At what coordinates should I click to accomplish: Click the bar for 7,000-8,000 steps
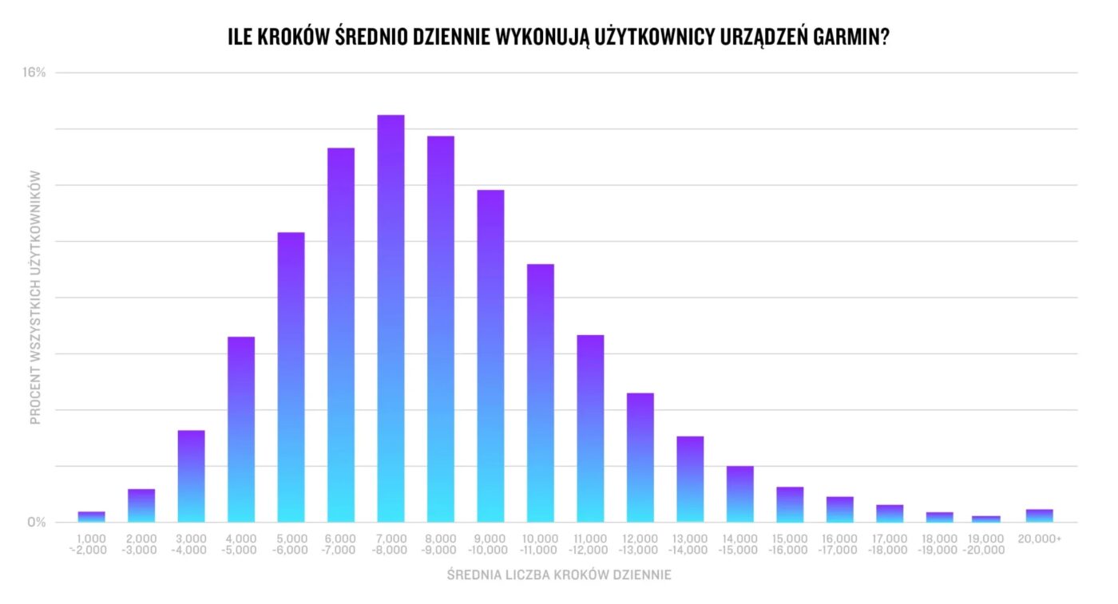[x=391, y=319]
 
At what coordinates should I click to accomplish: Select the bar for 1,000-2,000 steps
[x=92, y=517]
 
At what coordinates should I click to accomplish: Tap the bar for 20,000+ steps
[x=1039, y=515]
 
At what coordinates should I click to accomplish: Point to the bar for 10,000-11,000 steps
[x=541, y=393]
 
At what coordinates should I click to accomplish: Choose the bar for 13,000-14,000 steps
[x=690, y=479]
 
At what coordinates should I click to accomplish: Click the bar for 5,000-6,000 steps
[x=291, y=377]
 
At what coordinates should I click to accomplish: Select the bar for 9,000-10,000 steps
[x=490, y=356]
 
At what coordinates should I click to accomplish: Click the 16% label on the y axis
[x=34, y=73]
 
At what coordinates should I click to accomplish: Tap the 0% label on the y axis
[x=38, y=523]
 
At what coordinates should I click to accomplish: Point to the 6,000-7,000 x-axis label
[x=341, y=544]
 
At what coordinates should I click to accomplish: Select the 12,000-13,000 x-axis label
[x=640, y=544]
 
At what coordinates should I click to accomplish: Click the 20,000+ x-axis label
[x=1039, y=539]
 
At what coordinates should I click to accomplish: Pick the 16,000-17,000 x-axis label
[x=840, y=544]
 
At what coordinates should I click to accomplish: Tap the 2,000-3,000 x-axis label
[x=141, y=544]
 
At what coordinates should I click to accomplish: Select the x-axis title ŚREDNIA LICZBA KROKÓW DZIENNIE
[x=559, y=575]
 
